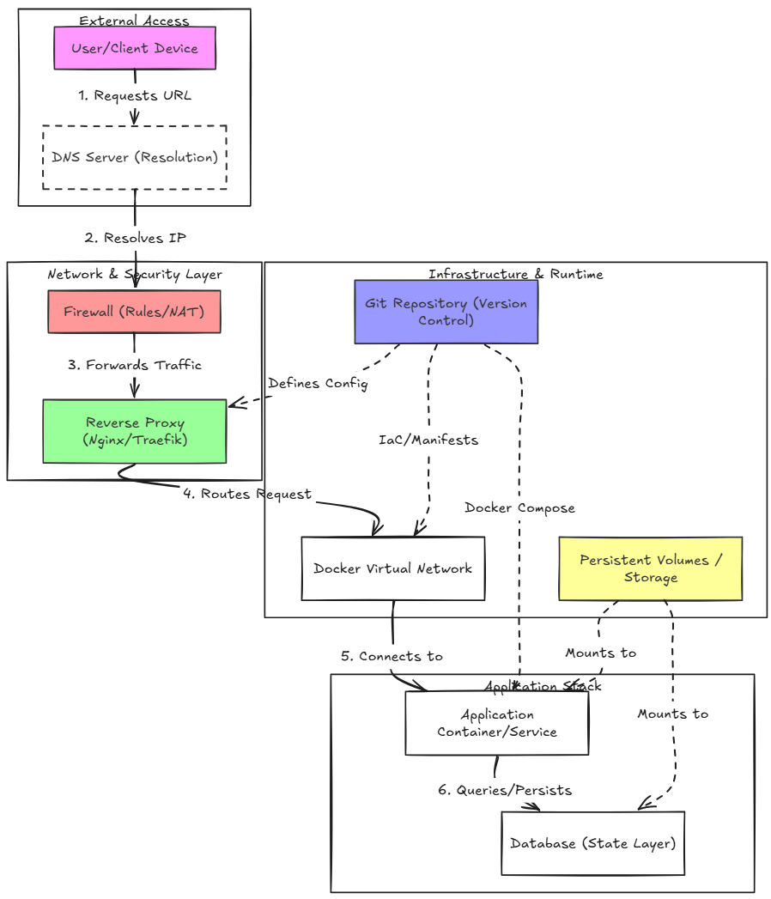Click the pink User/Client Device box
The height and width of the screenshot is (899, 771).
pos(135,48)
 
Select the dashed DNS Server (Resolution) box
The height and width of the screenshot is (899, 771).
pos(135,157)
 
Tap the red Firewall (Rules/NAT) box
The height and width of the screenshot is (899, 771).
pos(134,312)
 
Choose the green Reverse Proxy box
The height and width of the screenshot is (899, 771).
pos(135,431)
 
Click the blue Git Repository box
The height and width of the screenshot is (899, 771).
pos(446,312)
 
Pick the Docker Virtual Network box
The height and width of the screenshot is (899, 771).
pos(393,568)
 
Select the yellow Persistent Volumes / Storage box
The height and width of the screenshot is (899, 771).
pos(651,568)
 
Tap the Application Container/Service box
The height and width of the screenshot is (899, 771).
pos(497,723)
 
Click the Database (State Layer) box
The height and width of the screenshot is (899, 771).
pos(592,843)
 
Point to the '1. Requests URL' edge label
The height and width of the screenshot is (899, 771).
pos(135,95)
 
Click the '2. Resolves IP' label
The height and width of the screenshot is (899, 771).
pos(136,237)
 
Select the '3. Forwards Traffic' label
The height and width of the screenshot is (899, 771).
pos(135,365)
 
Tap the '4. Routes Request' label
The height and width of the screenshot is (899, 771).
pos(247,494)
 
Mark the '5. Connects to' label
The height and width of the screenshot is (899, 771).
pos(392,656)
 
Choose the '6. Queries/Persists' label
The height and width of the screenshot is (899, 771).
pos(505,790)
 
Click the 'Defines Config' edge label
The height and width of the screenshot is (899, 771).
pos(319,383)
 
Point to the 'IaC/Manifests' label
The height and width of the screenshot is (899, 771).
pos(428,440)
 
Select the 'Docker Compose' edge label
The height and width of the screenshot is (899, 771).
pos(520,508)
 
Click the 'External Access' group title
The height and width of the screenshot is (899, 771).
pos(134,21)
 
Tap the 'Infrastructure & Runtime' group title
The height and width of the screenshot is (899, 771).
pos(516,274)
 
